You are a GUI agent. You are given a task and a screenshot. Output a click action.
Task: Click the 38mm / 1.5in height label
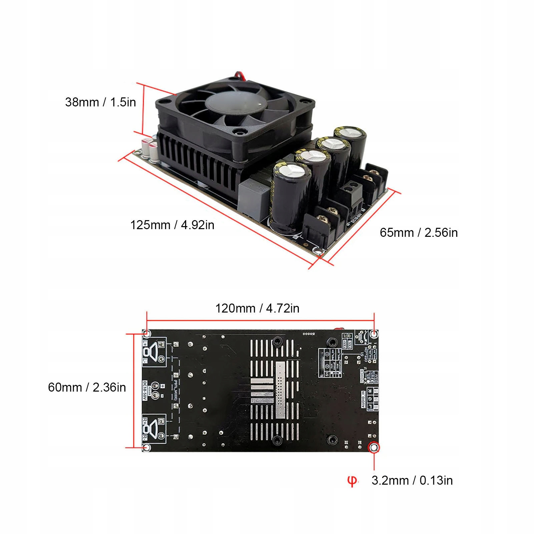click(100, 102)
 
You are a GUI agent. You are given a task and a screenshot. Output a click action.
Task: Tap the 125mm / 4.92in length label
click(172, 225)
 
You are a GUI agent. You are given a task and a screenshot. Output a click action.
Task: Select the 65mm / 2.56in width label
click(419, 232)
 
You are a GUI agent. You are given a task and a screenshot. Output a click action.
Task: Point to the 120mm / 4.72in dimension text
click(257, 308)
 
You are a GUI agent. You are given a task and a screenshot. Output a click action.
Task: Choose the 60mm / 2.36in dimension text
click(87, 387)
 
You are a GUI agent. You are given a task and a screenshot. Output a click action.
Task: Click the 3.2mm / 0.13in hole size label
click(412, 480)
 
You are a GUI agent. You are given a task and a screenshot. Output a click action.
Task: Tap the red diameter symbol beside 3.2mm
click(352, 481)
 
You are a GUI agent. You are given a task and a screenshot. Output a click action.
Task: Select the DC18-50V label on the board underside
click(145, 391)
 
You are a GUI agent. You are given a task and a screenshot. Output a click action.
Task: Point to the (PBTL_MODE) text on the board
click(174, 391)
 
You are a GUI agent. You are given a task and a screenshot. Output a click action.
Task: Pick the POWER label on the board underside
click(362, 376)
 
